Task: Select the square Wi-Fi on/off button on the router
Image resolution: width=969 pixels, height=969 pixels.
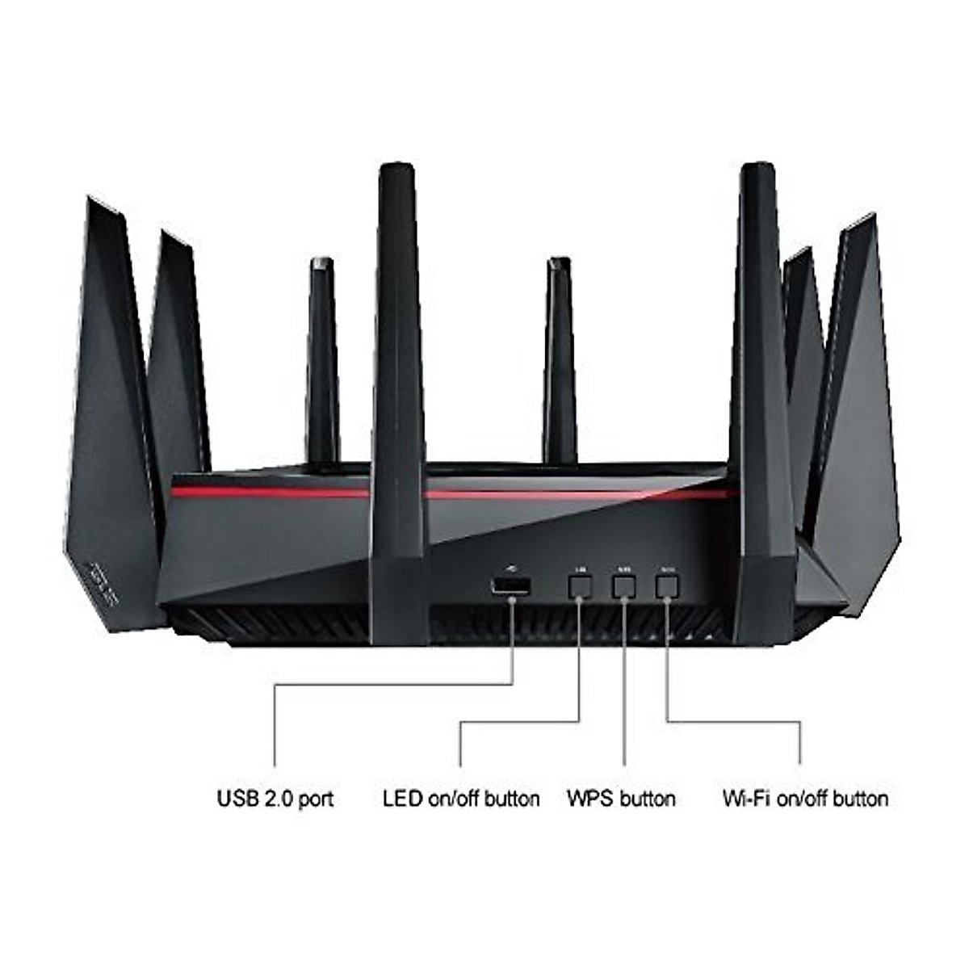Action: pos(666,587)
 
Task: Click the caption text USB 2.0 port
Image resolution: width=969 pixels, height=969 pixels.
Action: pos(275,799)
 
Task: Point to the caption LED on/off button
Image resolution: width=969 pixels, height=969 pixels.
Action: pos(461,799)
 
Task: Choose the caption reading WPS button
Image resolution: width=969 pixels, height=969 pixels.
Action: pos(621,799)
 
